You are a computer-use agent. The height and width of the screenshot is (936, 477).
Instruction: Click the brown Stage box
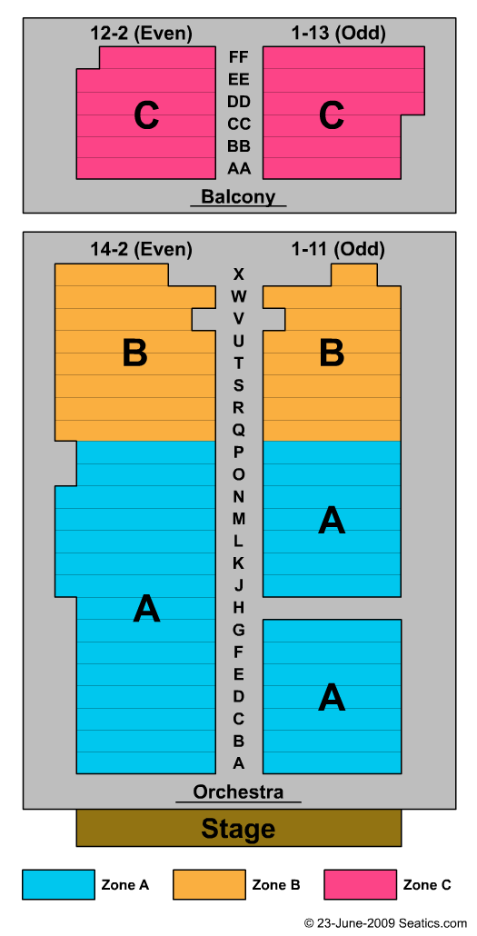click(238, 828)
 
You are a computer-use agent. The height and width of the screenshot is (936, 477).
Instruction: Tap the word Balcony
click(238, 196)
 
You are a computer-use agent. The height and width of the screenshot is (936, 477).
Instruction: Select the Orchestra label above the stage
click(238, 792)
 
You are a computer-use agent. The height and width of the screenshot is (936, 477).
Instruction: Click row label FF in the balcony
click(239, 57)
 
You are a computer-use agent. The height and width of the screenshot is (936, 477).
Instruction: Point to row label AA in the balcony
click(239, 168)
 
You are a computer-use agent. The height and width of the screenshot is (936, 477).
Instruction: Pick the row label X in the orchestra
click(238, 274)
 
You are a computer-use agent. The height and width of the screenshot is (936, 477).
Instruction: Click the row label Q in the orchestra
click(238, 430)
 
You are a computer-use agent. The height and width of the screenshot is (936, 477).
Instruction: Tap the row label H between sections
click(238, 608)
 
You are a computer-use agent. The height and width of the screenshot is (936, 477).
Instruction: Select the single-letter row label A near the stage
click(238, 763)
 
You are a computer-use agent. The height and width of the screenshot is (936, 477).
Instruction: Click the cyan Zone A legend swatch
click(58, 884)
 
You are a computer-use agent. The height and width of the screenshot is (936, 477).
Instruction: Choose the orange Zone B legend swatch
click(209, 884)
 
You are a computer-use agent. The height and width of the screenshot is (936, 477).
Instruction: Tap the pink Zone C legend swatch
click(360, 884)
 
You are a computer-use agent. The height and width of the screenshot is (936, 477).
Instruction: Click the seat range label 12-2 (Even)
click(141, 34)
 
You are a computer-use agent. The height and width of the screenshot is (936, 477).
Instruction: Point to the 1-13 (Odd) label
click(339, 34)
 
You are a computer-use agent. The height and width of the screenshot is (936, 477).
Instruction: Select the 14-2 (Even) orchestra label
click(141, 249)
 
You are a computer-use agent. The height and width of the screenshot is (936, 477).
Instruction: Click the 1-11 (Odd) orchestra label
click(339, 249)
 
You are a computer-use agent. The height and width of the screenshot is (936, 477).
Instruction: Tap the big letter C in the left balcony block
click(146, 115)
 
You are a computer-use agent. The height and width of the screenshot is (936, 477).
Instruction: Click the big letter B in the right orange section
click(332, 353)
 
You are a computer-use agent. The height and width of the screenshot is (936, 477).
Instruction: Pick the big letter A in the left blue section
click(147, 610)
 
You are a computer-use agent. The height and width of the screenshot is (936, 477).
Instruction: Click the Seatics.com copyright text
click(385, 923)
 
